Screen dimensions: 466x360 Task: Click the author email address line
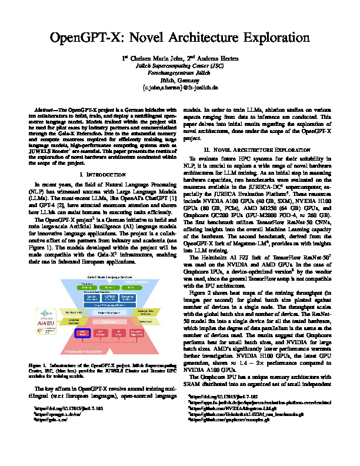(x=180, y=86)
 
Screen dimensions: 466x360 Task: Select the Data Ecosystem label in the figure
(x=139, y=282)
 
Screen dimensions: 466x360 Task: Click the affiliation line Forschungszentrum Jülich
(x=180, y=72)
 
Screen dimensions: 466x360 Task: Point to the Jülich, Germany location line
(x=180, y=79)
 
